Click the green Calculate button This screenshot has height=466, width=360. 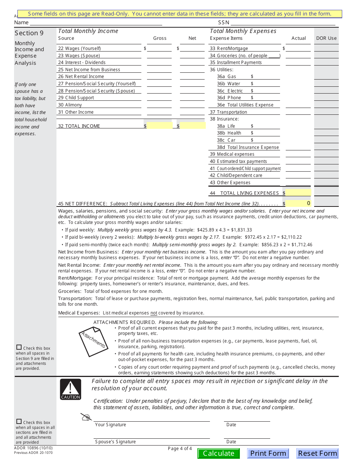coord(218,453)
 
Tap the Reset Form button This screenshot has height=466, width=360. coord(317,453)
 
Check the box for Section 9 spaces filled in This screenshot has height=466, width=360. coord(19,347)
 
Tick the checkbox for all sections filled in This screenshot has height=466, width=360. coord(19,422)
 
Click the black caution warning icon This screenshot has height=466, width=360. coord(70,389)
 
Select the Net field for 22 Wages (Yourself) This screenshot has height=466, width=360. coord(193,48)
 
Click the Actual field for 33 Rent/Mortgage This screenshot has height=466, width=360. coord(298,48)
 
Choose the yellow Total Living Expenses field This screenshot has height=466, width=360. coord(298,193)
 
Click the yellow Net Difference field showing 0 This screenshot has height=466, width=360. coord(298,203)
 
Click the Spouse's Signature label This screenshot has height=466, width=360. coord(115,442)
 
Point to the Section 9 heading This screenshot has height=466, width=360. coord(29,33)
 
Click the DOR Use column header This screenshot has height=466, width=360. coord(326,38)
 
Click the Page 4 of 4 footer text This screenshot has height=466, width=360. coord(180,449)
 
